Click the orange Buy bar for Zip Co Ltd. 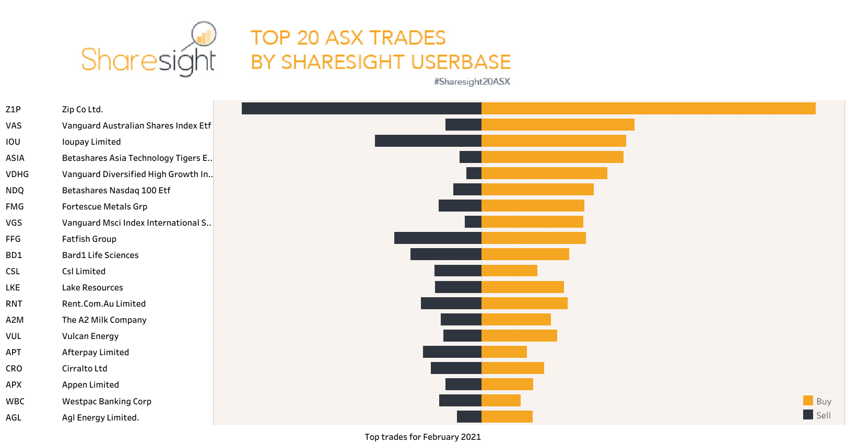(x=648, y=109)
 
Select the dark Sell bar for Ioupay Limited (x=428, y=141)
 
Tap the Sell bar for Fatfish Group (x=438, y=238)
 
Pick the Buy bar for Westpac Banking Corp (x=501, y=401)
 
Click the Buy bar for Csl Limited (x=509, y=271)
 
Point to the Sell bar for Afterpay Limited (x=452, y=352)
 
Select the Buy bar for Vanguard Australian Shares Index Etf (x=558, y=125)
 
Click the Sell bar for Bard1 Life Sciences (x=445, y=254)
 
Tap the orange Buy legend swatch (x=808, y=401)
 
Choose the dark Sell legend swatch (x=808, y=415)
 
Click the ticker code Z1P (x=13, y=110)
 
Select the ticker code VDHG (x=17, y=174)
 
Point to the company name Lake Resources (x=92, y=288)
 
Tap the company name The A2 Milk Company (x=104, y=320)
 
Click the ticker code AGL (x=14, y=418)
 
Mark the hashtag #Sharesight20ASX (x=472, y=81)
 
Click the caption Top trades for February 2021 (x=422, y=437)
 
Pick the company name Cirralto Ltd (x=85, y=369)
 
